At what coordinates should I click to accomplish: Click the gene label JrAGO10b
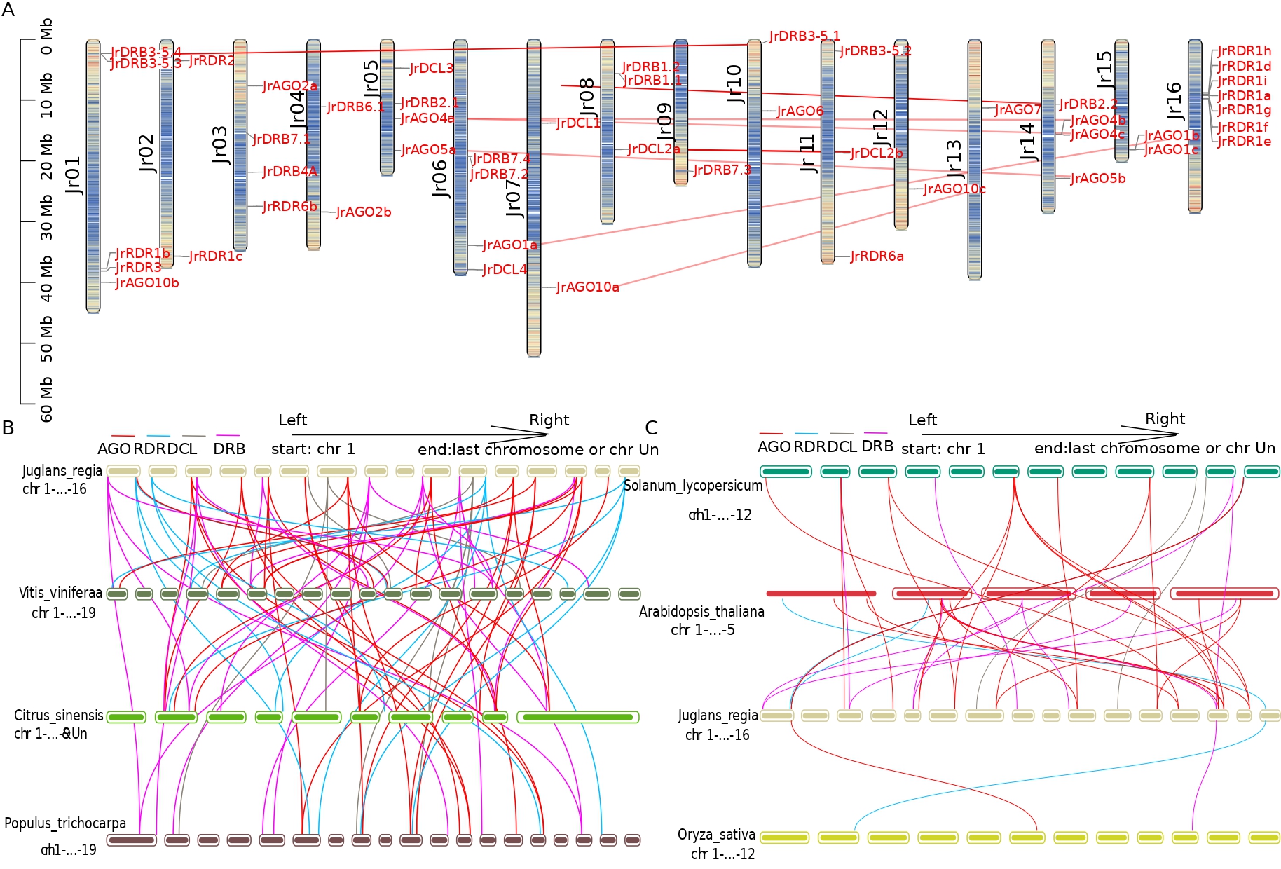point(147,283)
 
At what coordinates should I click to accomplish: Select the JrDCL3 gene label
point(432,69)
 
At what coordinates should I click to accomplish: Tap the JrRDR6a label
point(877,256)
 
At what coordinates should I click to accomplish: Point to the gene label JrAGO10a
point(587,287)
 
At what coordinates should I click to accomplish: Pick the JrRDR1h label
point(1244,51)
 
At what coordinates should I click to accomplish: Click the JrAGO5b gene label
point(1097,179)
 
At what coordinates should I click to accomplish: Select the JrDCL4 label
point(505,270)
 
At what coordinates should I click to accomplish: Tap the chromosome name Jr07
point(514,198)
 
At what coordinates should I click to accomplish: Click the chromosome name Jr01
point(74,175)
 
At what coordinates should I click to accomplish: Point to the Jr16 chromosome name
point(1174,101)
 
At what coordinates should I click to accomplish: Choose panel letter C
point(652,428)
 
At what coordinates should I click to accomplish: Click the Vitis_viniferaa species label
point(60,593)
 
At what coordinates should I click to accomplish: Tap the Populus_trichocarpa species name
point(65,823)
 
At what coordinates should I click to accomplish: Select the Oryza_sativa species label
point(716,835)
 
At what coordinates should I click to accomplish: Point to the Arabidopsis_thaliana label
point(701,612)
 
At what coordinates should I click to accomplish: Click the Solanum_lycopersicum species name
point(692,486)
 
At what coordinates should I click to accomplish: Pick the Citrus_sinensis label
point(59,716)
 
